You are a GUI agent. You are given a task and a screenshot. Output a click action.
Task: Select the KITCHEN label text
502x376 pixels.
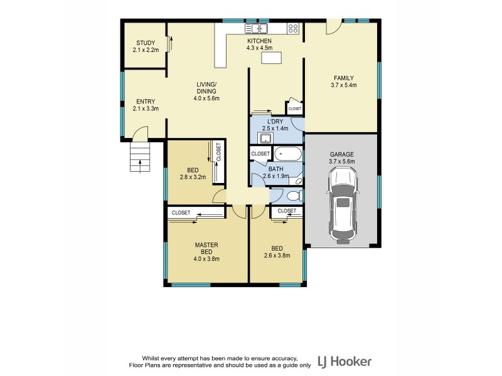[x=259, y=41]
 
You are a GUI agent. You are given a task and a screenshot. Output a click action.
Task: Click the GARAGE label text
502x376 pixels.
[x=342, y=154]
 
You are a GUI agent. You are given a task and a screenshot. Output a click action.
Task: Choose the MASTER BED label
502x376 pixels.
[x=206, y=248]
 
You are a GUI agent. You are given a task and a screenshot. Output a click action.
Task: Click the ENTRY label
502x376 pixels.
[x=145, y=102]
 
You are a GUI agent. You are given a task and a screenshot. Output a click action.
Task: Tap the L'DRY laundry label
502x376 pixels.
[x=277, y=121]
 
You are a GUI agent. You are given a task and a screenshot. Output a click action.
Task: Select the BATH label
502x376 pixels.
[x=276, y=169]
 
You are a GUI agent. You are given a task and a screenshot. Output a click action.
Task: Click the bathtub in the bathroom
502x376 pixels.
[x=288, y=154]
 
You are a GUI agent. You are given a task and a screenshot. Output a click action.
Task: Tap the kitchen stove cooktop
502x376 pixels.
[x=292, y=28]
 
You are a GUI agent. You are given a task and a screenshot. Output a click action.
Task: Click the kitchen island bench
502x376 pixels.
[x=272, y=58]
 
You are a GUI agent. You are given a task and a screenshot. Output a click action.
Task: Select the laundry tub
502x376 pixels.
[x=266, y=138]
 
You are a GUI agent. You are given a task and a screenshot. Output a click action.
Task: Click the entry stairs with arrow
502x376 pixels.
[x=137, y=157]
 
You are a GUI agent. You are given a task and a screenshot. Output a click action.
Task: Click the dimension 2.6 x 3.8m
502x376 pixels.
[x=277, y=255]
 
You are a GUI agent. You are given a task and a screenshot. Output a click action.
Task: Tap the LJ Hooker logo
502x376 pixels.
[x=344, y=362]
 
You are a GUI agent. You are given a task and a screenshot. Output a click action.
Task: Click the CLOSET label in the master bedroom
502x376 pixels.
[x=181, y=213]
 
